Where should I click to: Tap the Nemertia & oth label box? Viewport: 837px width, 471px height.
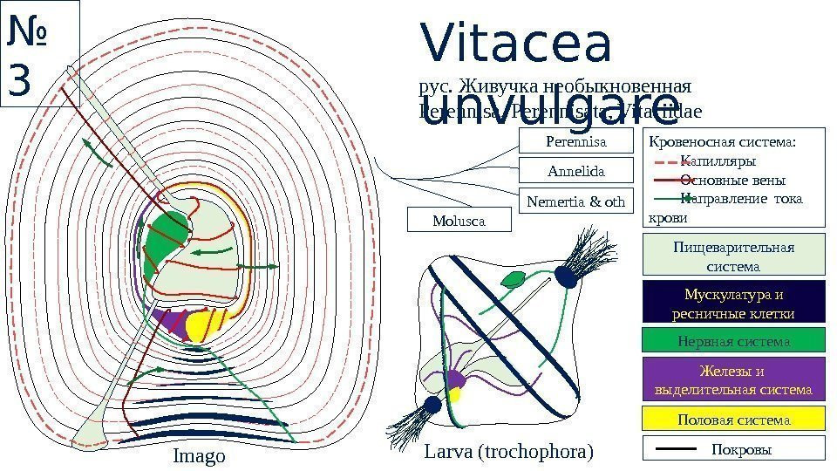coord(575,201)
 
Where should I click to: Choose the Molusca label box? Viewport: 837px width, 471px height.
coord(459,221)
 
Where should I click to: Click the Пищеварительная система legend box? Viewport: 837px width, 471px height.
coord(733,256)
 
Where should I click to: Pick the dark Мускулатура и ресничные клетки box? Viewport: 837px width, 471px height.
coord(733,304)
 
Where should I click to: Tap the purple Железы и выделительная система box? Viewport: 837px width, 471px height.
coord(733,379)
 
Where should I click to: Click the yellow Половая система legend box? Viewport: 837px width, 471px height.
coord(733,420)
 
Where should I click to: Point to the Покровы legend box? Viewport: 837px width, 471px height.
coord(733,448)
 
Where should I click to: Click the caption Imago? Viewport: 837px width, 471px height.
coord(199,456)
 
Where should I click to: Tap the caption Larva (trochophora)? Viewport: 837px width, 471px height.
coord(507,452)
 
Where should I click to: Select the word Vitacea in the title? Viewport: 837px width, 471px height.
coord(516,45)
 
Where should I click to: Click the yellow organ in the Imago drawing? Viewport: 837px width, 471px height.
coord(202,325)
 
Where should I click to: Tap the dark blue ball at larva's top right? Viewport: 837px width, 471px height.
coord(567,276)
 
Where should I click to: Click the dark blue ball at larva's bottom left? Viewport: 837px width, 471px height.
coord(432,405)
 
